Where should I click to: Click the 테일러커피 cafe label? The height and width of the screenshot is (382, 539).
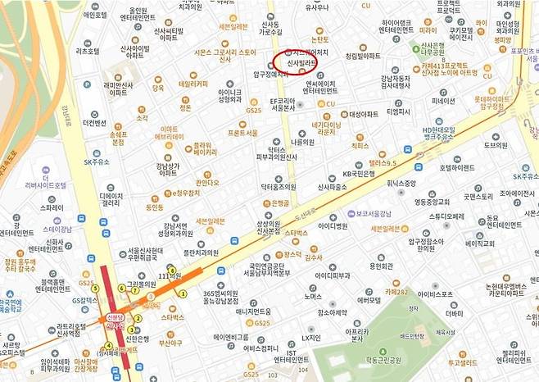click(192, 83)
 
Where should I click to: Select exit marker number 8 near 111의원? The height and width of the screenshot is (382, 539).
click(171, 271)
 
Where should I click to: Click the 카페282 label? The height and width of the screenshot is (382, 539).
click(396, 292)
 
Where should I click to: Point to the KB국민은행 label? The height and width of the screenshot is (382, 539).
click(359, 174)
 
